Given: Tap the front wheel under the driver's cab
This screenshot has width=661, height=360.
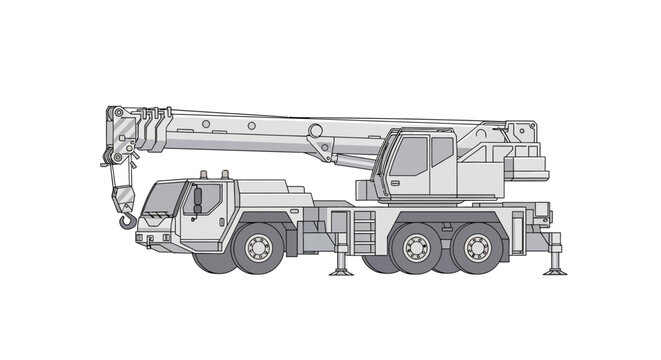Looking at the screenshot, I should click(258, 247).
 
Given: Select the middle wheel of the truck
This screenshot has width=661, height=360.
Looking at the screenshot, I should click(413, 247).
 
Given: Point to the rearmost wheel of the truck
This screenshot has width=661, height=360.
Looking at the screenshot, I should click(477, 247).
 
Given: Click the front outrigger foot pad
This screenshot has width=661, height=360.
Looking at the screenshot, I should click(341, 270).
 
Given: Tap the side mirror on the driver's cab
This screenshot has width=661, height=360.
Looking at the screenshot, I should click(197, 198).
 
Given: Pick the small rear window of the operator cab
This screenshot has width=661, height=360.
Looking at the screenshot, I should click(442, 151).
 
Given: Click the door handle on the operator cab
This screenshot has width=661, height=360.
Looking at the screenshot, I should click(396, 182).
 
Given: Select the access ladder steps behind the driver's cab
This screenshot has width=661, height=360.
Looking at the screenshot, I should click(364, 232).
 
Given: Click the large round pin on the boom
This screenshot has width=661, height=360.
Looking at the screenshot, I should click(315, 130).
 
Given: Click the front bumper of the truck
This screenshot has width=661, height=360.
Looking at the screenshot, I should click(155, 240).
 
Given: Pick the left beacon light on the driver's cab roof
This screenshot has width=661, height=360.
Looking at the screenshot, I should click(203, 174).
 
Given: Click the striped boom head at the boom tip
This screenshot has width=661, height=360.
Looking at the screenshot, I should click(121, 134).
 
